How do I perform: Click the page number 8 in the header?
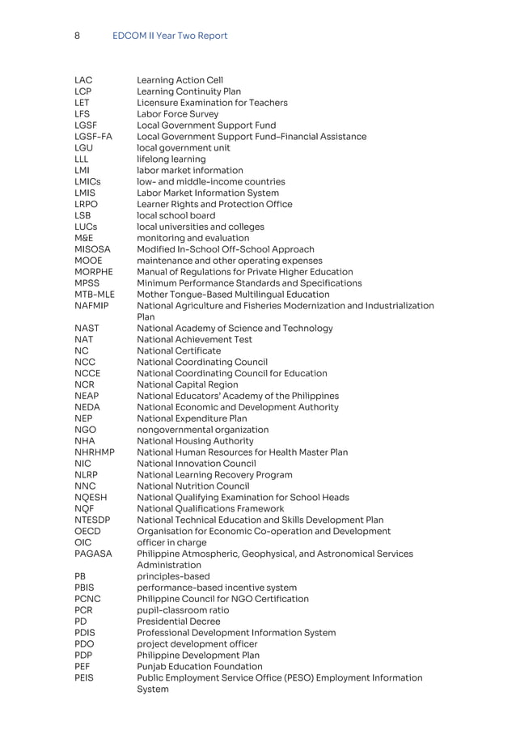pos(77,36)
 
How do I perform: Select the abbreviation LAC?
pos(83,80)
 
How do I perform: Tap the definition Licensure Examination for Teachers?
pos(212,103)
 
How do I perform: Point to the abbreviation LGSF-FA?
pos(93,137)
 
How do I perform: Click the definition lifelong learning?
pos(171,159)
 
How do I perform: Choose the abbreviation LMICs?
pos(87,182)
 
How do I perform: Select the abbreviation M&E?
pos(83,239)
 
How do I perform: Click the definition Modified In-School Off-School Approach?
pos(226,250)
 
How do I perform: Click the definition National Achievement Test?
pos(194,340)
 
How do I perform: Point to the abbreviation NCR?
pos(84,384)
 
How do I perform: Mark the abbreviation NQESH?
pos(91,497)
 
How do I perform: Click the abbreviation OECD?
pos(87,531)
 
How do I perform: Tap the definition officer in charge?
pos(171,542)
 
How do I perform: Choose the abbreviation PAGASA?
pos(93,554)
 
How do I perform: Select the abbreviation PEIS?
pos(83,677)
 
